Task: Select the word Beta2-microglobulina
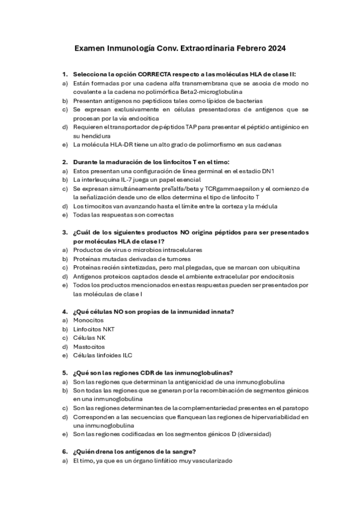207,92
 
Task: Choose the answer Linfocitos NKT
96,329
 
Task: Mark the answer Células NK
89,337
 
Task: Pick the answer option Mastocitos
89,346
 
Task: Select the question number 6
64,451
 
